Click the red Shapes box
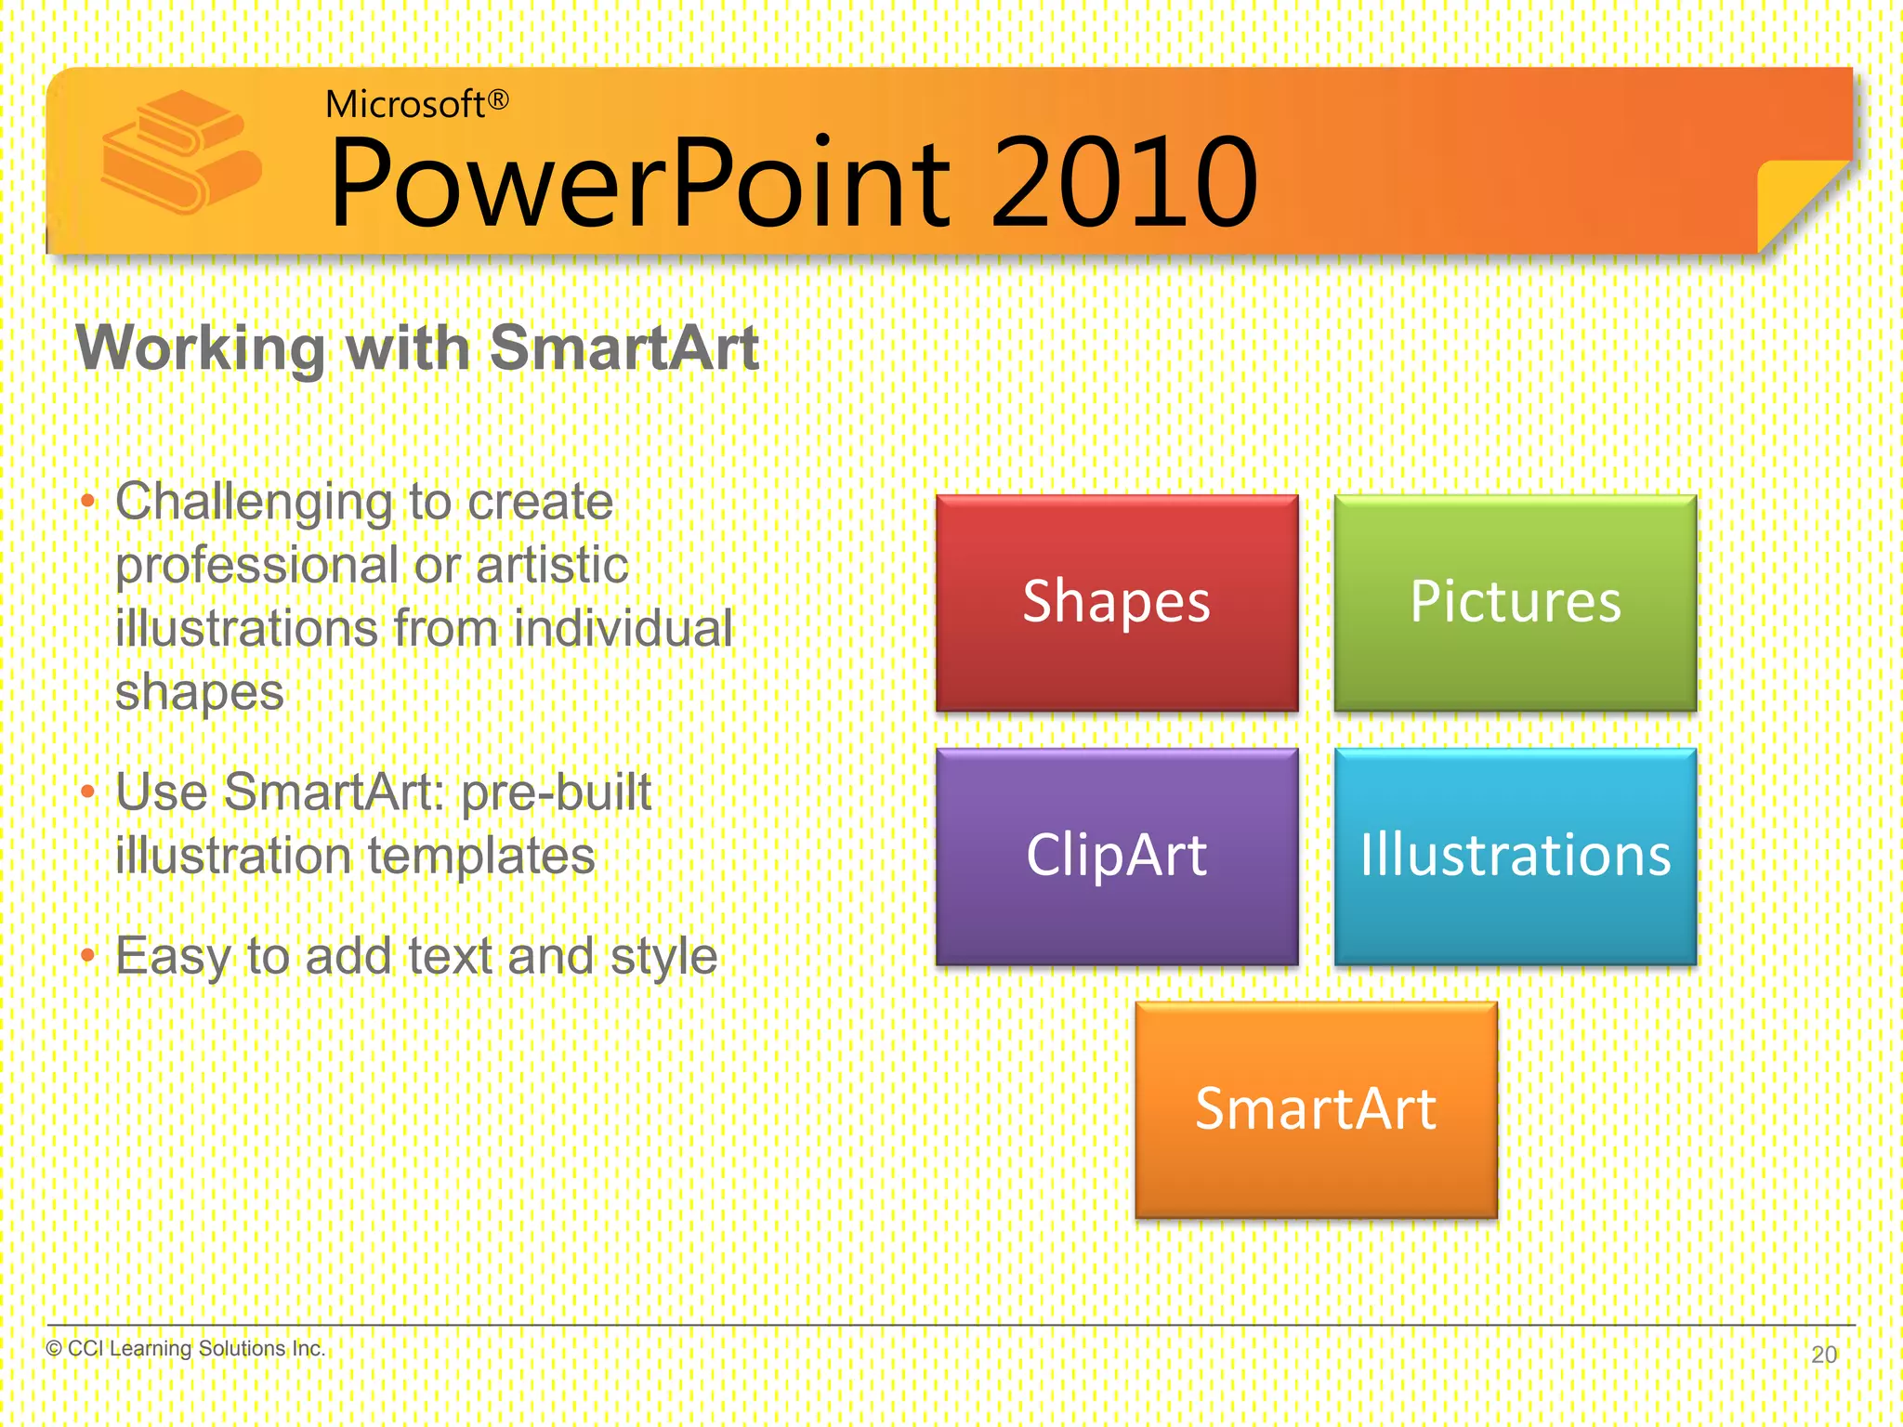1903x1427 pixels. click(1116, 603)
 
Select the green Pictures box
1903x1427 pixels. click(1515, 603)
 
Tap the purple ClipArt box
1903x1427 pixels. click(1116, 857)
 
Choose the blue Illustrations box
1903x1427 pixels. click(1515, 857)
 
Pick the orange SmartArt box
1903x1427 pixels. click(1316, 1109)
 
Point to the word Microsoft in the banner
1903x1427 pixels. click(405, 105)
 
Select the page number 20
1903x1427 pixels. click(1824, 1355)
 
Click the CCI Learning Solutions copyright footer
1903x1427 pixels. click(186, 1348)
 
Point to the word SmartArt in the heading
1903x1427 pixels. click(624, 348)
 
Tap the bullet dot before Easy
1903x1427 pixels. click(88, 955)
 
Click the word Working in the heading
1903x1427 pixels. click(201, 348)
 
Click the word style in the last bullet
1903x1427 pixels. click(663, 957)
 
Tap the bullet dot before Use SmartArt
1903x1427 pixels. click(88, 792)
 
